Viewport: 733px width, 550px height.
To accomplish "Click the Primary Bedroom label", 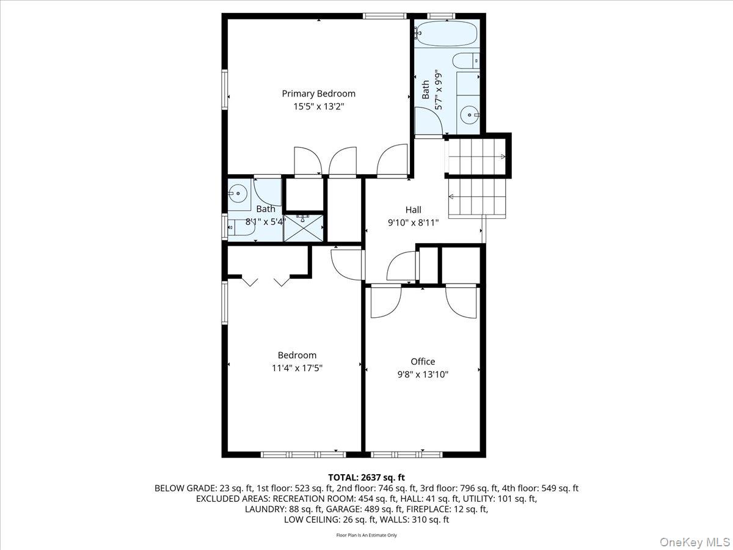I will click(318, 94).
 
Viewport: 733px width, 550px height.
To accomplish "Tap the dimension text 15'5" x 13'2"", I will click(318, 106).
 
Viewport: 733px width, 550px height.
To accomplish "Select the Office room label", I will click(423, 361).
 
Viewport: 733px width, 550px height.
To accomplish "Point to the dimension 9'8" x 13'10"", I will click(423, 374).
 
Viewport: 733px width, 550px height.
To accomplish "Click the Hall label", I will click(414, 210).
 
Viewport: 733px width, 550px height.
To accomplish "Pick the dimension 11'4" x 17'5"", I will click(297, 368).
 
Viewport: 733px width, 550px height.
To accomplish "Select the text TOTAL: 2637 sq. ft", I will click(366, 477).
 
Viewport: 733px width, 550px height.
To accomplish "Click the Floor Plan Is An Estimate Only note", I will click(366, 535).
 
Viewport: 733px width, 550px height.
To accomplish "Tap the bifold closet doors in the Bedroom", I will click(266, 281).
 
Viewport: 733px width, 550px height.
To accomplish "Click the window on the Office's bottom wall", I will click(406, 454).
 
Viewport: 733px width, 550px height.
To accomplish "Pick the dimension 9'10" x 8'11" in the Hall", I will click(414, 222).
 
